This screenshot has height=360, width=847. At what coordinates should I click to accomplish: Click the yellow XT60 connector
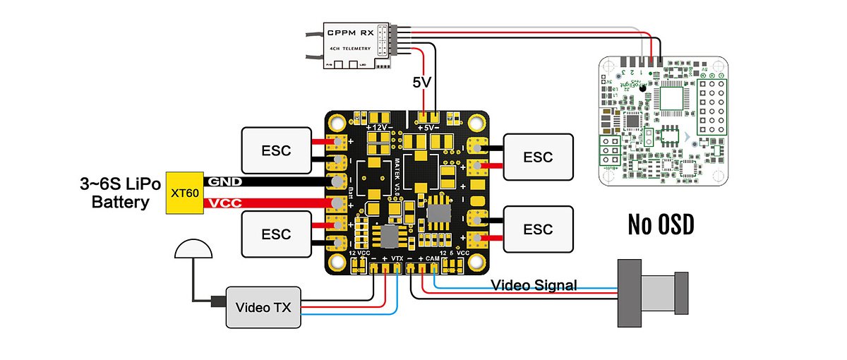point(184,193)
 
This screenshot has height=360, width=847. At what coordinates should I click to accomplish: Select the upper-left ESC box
point(276,150)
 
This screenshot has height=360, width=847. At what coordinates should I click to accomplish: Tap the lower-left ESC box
point(276,234)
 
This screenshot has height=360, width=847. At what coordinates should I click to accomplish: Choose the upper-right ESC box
point(538,157)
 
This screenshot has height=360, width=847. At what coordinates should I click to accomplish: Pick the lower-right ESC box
point(538,229)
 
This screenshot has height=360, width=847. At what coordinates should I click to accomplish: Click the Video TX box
point(263,307)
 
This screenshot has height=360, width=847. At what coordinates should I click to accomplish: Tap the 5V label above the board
point(422,82)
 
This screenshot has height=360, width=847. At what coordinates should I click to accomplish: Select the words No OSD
point(661,224)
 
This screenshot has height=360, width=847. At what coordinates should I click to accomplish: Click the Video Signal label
point(534,285)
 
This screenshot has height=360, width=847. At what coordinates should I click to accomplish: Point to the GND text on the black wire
point(224,181)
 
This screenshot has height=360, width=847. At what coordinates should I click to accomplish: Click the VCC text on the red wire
point(224,204)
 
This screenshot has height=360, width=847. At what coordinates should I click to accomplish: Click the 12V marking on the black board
point(380,128)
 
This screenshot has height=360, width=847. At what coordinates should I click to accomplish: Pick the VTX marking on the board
point(397,259)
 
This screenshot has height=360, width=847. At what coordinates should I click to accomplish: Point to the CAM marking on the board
point(433,259)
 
